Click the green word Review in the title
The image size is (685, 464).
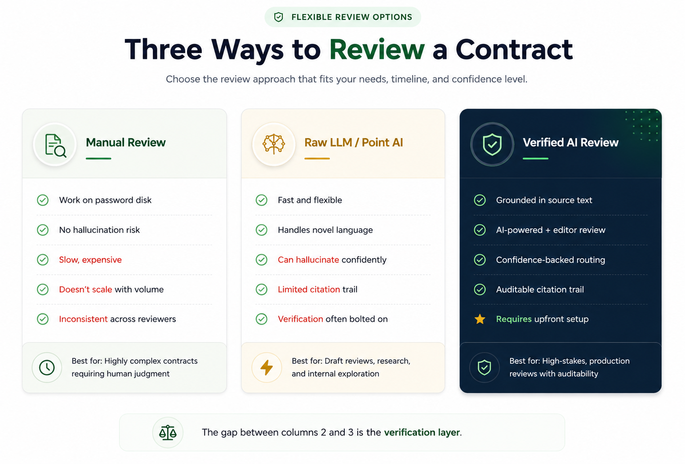coord(377,49)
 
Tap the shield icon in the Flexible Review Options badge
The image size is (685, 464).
coord(278,17)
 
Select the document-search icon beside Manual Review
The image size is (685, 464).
coord(55,145)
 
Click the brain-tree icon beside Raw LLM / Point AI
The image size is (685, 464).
coord(274,144)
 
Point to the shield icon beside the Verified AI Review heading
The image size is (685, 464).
coord(492,144)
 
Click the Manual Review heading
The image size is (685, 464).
coord(126,143)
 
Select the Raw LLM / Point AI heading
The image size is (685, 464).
coord(353,143)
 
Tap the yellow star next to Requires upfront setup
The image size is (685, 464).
coord(480,319)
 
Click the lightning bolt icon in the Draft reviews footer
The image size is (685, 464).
coord(267,367)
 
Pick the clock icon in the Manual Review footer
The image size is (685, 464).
coord(47,367)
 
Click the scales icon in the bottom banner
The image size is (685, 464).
coord(168,433)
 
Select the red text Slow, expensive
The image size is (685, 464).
coord(90,260)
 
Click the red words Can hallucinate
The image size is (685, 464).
coord(308,260)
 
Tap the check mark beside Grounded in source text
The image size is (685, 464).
coord(480,200)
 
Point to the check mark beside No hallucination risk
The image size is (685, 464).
coord(43,230)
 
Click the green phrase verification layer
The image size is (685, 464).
coord(422,432)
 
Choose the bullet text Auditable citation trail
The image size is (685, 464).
coord(540,290)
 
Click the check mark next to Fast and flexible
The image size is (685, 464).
coord(262,200)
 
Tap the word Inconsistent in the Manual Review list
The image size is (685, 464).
coord(83,319)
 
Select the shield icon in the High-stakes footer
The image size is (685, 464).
coord(485,367)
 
